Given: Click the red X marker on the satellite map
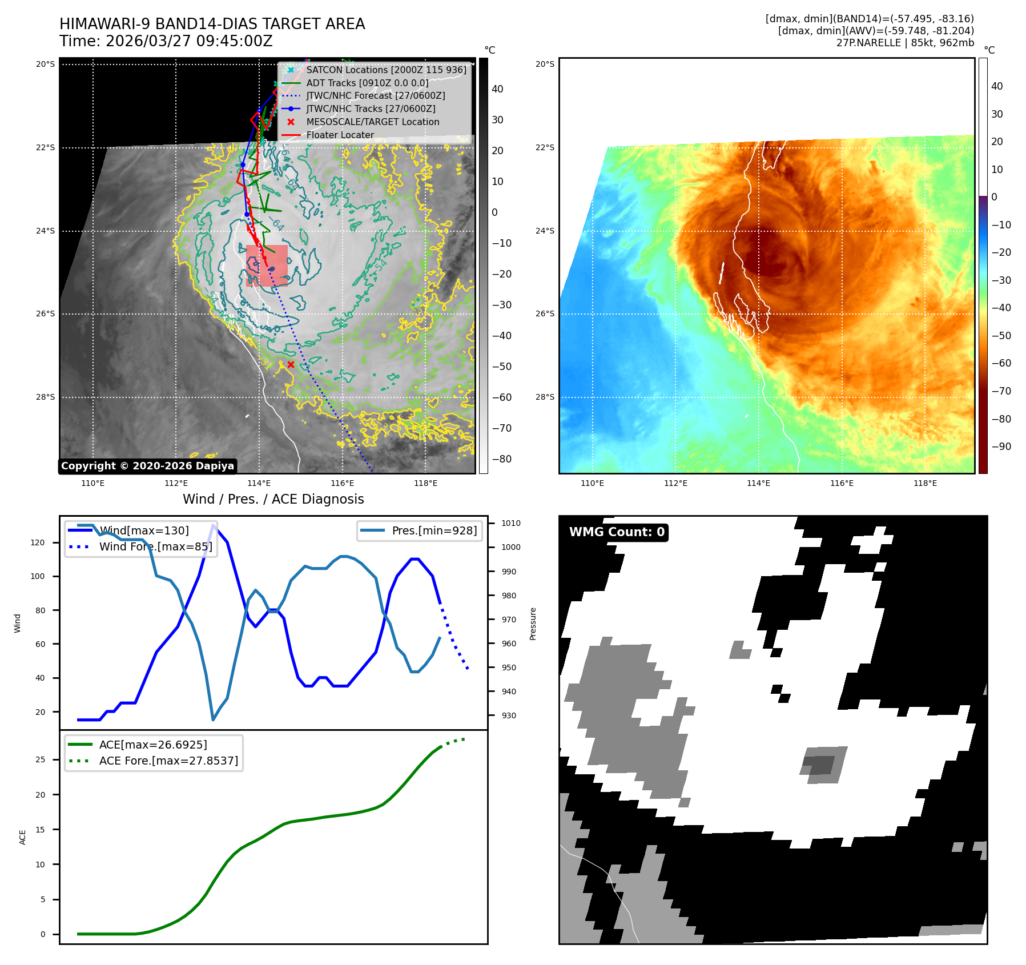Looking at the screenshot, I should (x=291, y=364).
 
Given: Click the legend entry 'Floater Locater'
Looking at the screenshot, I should (x=340, y=135).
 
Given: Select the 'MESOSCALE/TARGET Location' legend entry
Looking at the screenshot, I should (x=372, y=122).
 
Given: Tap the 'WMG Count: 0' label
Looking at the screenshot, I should (x=617, y=532).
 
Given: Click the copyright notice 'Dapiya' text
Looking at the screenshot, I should (x=147, y=466).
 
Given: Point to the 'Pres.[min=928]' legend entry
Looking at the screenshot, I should (x=434, y=530).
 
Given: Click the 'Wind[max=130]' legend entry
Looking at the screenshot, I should (x=144, y=530).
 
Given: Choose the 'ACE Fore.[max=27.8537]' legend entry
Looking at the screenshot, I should (x=168, y=761).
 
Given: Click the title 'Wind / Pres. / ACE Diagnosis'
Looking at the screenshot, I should (x=273, y=499).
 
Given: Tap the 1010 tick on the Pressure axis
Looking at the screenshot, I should (x=511, y=523).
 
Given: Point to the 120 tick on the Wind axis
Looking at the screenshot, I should (x=38, y=542).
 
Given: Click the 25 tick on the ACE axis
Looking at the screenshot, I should (x=40, y=759).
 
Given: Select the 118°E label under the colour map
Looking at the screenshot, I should (x=925, y=483).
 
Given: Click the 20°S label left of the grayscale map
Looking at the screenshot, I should (x=46, y=64).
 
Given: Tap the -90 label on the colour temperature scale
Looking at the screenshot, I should (x=1001, y=447).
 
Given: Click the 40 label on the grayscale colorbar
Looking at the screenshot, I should (x=497, y=89).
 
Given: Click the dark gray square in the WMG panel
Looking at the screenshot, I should (x=819, y=765).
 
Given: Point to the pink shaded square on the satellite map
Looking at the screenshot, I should (x=267, y=266).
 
